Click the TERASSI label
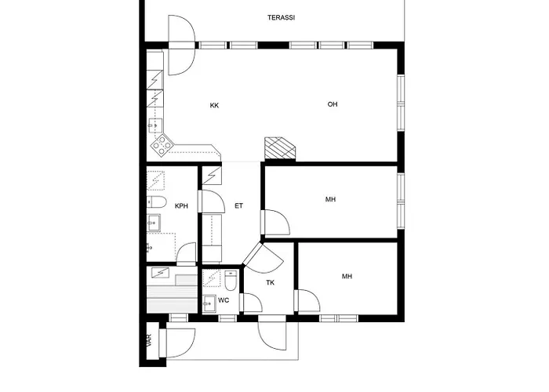[281, 17]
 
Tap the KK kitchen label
[214, 105]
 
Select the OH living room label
[333, 104]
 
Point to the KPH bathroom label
[181, 206]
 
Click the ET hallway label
[238, 205]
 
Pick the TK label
[270, 283]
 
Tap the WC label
[224, 300]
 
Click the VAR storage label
[150, 340]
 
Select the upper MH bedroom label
[330, 199]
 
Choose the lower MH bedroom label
[347, 277]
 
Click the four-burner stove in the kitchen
[162, 145]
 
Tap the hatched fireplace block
[280, 147]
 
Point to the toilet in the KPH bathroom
[156, 202]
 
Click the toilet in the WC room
[231, 281]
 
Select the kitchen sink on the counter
[155, 125]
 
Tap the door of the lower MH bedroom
[307, 300]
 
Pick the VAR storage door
[176, 343]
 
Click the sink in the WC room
[209, 303]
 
